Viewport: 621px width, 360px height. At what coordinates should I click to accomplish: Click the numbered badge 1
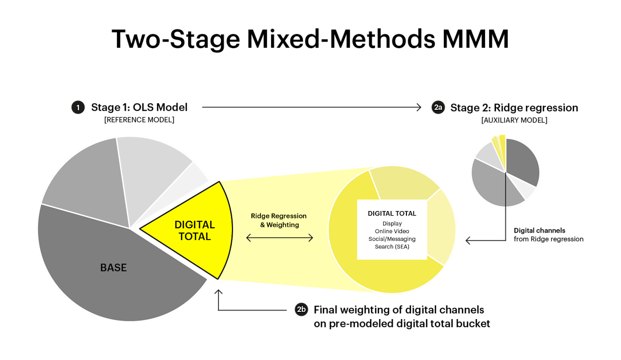point(78,108)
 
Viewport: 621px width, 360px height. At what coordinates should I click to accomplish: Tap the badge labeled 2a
point(438,108)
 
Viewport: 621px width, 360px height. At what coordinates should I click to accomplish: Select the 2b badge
point(301,310)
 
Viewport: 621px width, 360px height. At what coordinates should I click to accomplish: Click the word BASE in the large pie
point(113,268)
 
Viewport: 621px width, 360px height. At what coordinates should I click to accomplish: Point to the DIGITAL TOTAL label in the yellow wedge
point(195,230)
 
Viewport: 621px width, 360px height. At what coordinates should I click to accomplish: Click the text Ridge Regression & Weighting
point(279,220)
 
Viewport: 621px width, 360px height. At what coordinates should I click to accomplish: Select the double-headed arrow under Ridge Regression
point(280,238)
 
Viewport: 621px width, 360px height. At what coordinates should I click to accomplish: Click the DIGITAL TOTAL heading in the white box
point(392,213)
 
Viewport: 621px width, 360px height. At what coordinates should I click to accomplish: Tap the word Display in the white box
point(392,224)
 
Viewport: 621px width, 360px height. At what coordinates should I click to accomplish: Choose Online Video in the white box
point(392,231)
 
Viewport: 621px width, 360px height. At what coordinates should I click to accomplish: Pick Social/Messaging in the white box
point(392,239)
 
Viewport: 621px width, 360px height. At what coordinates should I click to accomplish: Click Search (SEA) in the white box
point(392,247)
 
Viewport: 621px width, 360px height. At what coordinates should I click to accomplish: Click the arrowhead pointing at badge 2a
point(419,108)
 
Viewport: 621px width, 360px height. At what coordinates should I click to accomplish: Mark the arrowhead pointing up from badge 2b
point(219,293)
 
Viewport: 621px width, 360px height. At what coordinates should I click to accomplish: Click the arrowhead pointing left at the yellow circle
point(468,240)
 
